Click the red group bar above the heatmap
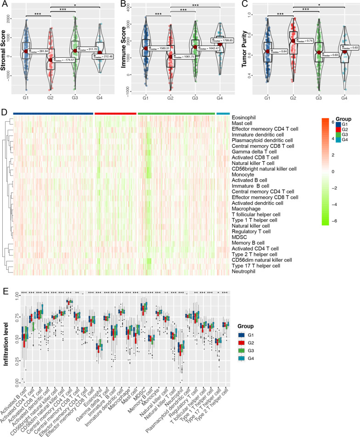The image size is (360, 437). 115,113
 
